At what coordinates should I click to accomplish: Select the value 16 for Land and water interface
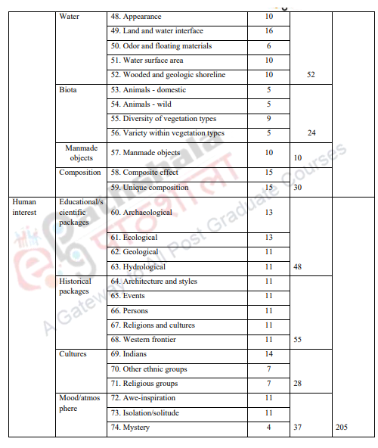[x=268, y=31]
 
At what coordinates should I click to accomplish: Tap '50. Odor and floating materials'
[x=161, y=46]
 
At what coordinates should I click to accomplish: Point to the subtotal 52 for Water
[x=311, y=75]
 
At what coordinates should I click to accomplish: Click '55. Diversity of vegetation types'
[x=163, y=119]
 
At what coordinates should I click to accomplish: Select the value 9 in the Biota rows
[x=268, y=119]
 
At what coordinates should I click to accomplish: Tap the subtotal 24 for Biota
[x=311, y=133]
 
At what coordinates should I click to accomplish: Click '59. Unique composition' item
[x=149, y=187]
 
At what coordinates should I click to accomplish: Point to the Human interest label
[x=24, y=207]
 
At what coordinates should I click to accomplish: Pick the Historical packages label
[x=75, y=286]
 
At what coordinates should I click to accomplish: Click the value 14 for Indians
[x=268, y=354]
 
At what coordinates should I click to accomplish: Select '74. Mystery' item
[x=130, y=428]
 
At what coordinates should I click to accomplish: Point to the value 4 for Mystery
[x=268, y=428]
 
